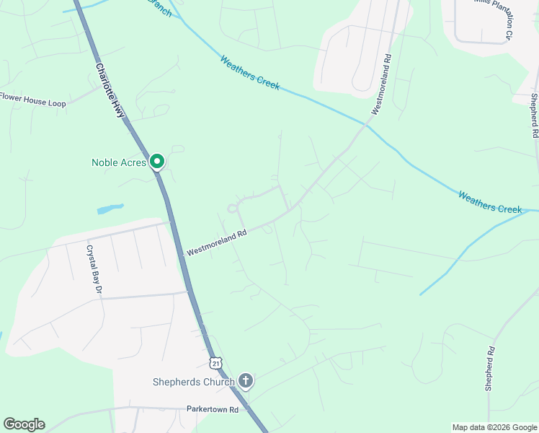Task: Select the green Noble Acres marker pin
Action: click(x=157, y=161)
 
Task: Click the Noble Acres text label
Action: click(x=119, y=162)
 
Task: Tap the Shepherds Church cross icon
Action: click(x=246, y=380)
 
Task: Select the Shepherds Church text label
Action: click(x=194, y=382)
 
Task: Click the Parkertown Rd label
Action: click(x=212, y=409)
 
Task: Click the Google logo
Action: click(x=24, y=424)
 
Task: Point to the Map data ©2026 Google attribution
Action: click(x=494, y=427)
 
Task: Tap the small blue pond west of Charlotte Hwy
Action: click(x=110, y=209)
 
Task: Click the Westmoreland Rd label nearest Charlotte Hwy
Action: click(x=216, y=242)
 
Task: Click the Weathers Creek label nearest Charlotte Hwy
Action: click(x=250, y=72)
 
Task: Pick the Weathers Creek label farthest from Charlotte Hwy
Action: click(x=489, y=203)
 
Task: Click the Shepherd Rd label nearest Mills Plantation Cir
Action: click(x=534, y=115)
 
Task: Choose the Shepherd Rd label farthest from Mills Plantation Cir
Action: click(x=490, y=369)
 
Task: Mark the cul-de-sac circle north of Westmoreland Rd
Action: click(x=233, y=209)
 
